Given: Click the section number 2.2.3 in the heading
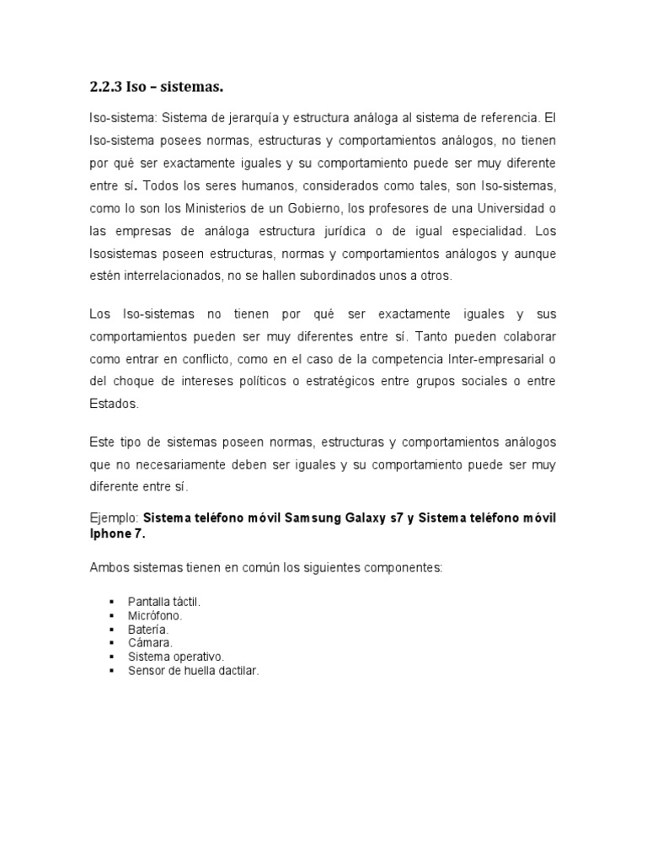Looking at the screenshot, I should pos(107,87).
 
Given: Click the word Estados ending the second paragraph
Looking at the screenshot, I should pos(112,404).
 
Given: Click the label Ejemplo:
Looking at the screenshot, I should pos(114,517).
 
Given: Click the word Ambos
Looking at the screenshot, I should pos(108,568).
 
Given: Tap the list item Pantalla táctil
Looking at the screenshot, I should pos(164,603).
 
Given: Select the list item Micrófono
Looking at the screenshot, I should pos(155,616).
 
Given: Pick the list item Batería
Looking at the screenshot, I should pos(148,630).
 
